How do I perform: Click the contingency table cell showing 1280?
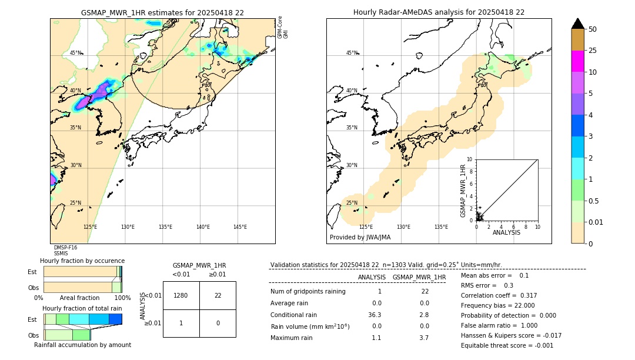click(x=181, y=295)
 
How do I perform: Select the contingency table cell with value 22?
click(x=218, y=295)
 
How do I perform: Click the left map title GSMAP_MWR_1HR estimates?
click(x=162, y=12)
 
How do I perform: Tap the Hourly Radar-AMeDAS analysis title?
click(x=439, y=12)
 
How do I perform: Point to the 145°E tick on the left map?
click(x=240, y=227)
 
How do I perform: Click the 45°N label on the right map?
click(x=352, y=53)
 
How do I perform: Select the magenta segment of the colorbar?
click(x=577, y=61)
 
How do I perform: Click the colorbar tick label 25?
click(x=593, y=51)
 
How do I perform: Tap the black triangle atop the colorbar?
click(x=577, y=24)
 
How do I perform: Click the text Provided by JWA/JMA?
click(x=360, y=238)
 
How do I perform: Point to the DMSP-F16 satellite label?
click(x=65, y=248)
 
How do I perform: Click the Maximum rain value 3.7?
click(x=424, y=338)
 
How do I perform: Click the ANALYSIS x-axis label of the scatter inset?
click(x=506, y=232)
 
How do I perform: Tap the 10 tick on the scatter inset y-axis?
click(x=469, y=159)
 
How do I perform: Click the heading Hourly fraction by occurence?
click(x=82, y=261)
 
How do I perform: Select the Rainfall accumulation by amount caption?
click(x=82, y=345)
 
